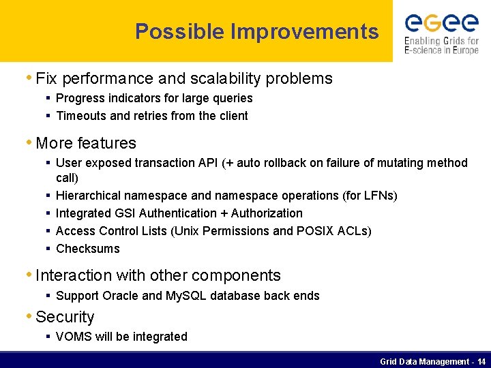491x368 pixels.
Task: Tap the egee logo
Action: pyautogui.click(x=441, y=24)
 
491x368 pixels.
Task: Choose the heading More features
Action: pyautogui.click(x=86, y=143)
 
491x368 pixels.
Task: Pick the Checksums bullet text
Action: pyautogui.click(x=88, y=249)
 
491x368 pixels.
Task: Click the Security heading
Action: pyautogui.click(x=65, y=317)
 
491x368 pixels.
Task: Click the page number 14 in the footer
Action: pyautogui.click(x=481, y=361)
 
